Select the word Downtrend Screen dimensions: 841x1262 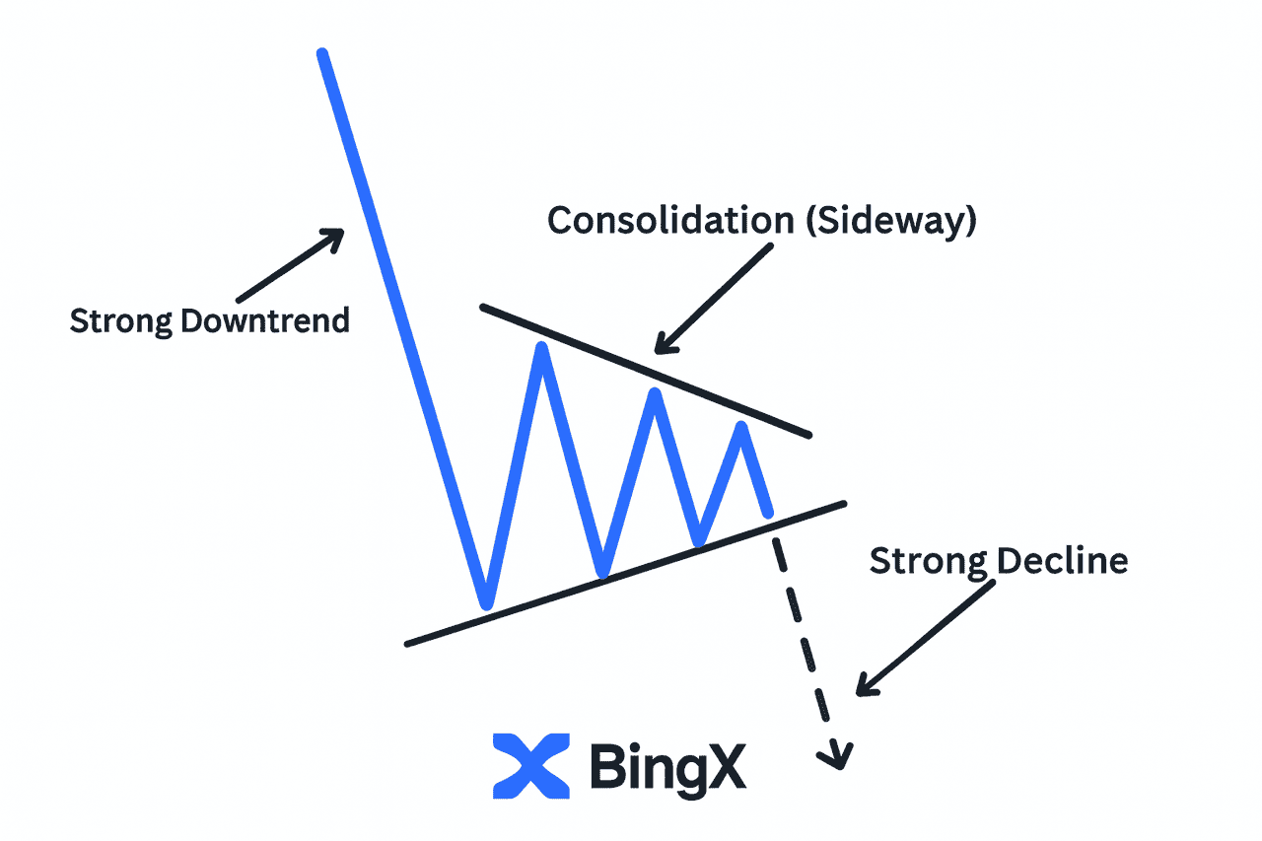tap(266, 320)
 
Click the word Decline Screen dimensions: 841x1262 tap(1061, 561)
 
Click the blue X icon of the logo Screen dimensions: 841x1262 tap(531, 765)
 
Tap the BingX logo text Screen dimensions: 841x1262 tap(667, 766)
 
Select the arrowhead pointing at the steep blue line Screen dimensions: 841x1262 tap(335, 237)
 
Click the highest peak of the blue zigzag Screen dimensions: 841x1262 tap(541, 347)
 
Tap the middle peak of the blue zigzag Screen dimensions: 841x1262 tap(653, 395)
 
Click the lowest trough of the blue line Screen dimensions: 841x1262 tap(485, 602)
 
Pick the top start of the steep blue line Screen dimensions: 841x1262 tap(321, 53)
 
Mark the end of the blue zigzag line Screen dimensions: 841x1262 tap(767, 512)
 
